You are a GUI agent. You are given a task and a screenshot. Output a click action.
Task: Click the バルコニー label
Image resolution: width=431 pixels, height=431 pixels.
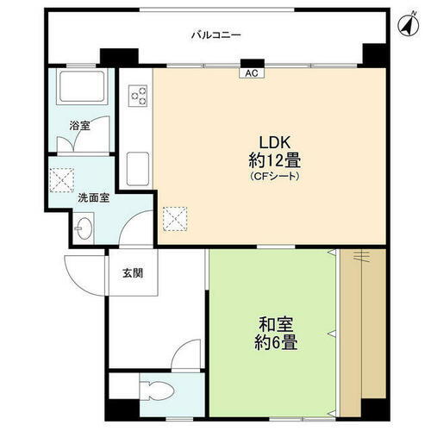point(215,35)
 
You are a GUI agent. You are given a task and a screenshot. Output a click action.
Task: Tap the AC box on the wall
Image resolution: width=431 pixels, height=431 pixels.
point(252,73)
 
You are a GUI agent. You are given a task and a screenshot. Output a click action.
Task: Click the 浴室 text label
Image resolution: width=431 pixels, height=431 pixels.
point(79,125)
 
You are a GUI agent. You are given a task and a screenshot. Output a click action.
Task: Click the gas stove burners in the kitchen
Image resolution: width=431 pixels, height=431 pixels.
point(138,97)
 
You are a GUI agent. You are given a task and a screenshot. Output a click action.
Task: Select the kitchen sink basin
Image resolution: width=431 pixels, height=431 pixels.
point(138,165)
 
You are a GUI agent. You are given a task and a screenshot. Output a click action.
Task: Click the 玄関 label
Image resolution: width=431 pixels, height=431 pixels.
point(132,273)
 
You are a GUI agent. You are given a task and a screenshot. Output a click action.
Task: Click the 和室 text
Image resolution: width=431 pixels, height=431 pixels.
point(276,325)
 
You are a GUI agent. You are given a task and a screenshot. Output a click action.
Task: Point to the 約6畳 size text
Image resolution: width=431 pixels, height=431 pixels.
point(276,343)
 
